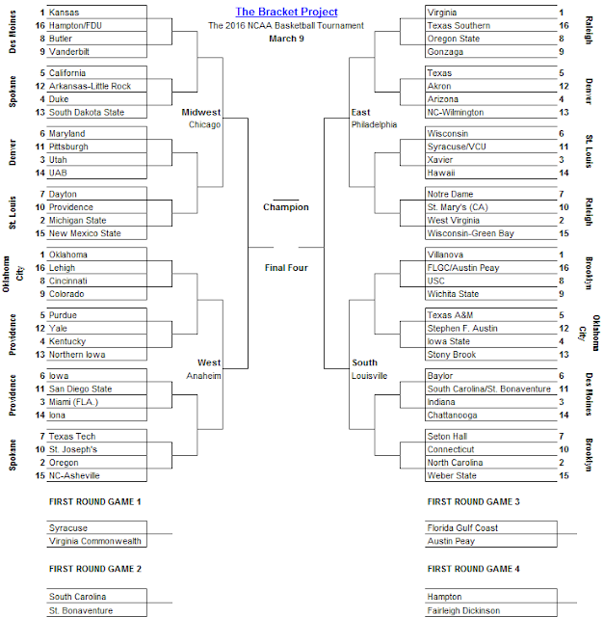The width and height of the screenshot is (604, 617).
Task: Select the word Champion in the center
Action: tap(285, 207)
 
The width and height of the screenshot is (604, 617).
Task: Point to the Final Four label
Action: tap(285, 267)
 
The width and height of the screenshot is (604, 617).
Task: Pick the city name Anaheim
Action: tap(205, 375)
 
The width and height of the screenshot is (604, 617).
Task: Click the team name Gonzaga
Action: tap(446, 52)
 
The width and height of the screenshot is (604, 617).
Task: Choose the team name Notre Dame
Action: tap(451, 194)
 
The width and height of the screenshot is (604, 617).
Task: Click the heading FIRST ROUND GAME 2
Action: tap(94, 569)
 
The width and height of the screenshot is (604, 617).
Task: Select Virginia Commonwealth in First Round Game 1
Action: tap(94, 542)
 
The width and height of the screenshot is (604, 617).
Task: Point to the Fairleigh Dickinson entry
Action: tap(462, 611)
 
